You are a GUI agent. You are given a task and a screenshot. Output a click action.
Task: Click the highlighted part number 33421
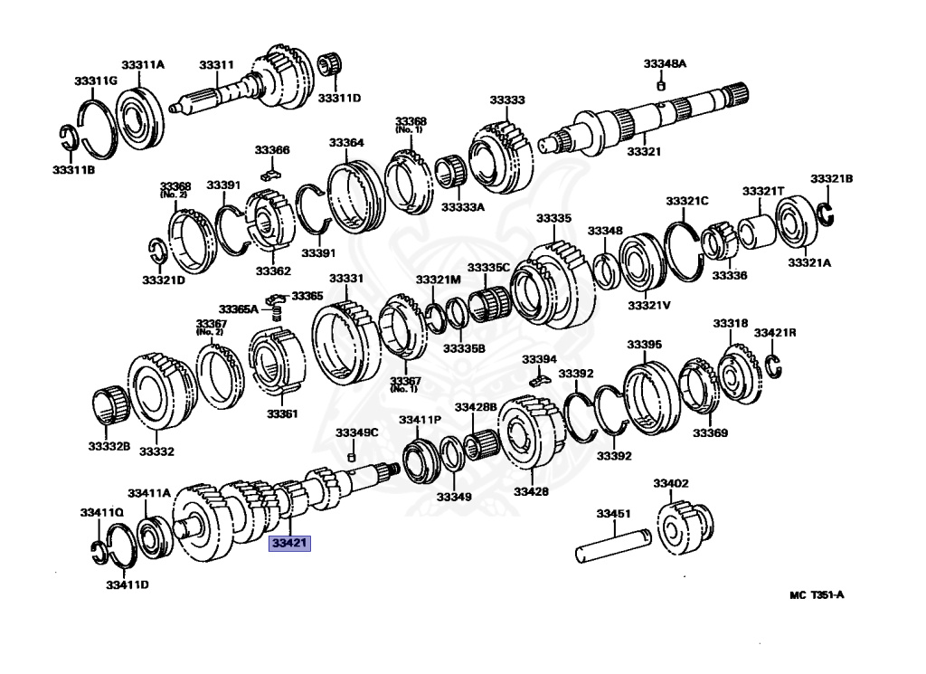(289, 544)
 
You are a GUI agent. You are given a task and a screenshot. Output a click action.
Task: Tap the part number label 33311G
(96, 81)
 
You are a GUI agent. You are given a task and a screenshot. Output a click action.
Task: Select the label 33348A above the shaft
(665, 63)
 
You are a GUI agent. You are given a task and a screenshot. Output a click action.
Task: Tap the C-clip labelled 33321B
(826, 213)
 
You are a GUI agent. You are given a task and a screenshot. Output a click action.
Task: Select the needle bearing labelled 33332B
(109, 403)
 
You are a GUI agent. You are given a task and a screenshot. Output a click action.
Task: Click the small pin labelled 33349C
(352, 455)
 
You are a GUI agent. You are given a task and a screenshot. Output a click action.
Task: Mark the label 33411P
(420, 420)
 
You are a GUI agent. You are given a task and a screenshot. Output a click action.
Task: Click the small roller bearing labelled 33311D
(333, 67)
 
